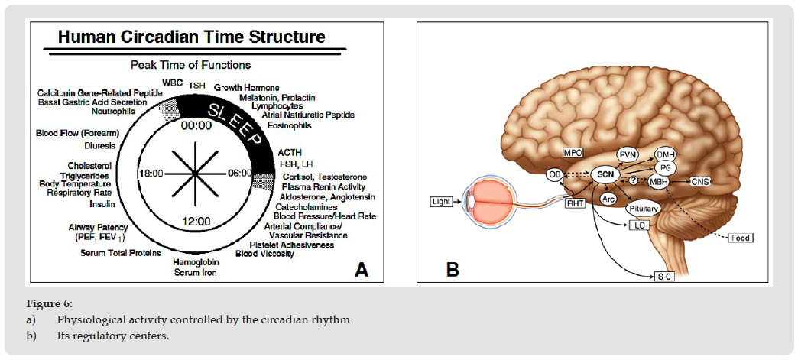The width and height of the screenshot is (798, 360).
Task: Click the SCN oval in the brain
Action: (x=604, y=175)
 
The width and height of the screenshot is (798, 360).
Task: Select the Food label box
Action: (x=740, y=238)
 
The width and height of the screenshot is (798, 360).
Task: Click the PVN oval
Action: (x=628, y=155)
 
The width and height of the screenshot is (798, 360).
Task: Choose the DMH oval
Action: (x=667, y=153)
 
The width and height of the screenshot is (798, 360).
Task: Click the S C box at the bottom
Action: (x=662, y=276)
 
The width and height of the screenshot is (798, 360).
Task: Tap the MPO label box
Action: (x=573, y=153)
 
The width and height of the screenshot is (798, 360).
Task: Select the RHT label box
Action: (x=574, y=203)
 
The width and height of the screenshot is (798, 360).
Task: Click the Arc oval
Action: (x=609, y=199)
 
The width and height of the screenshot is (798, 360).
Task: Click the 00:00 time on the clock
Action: (x=193, y=127)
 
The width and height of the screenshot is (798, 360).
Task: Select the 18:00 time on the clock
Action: (x=151, y=174)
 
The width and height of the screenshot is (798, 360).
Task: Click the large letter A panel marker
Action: (x=361, y=269)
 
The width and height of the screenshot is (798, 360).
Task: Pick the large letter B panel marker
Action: (x=453, y=268)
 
